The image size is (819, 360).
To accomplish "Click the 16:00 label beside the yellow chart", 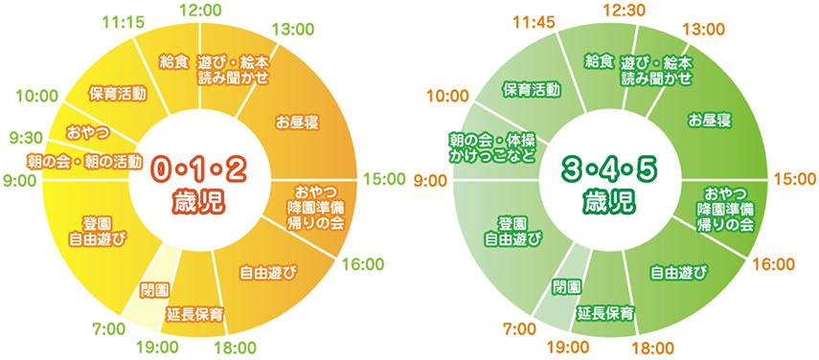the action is coord(360,263).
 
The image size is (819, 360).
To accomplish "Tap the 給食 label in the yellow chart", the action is coord(173,62).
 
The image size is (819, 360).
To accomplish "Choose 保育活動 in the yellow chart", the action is coord(117,94).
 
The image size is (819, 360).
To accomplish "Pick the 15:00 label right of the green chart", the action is coord(792,178).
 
